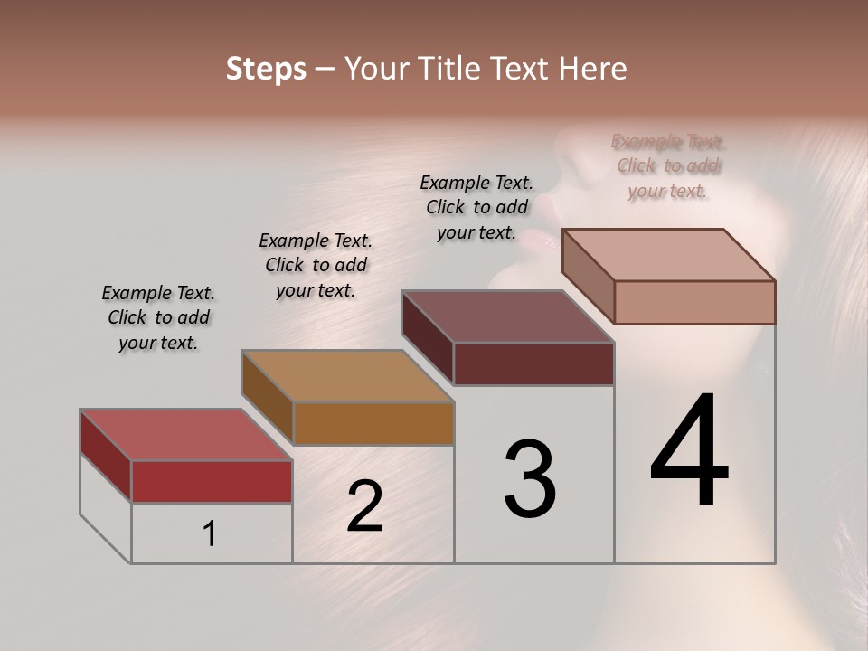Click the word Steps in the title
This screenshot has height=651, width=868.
266,69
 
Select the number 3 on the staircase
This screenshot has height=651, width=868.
530,479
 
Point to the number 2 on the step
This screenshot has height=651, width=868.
364,506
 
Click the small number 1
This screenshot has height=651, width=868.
210,533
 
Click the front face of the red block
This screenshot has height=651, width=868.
212,481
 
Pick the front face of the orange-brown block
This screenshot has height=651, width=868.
373,423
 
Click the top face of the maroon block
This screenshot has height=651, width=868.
507,316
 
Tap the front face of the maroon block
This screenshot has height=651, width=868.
533,363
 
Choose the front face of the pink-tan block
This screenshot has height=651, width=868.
694,302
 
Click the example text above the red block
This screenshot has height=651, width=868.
158,318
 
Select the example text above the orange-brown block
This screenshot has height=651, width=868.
316,265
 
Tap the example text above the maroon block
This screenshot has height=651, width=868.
476,207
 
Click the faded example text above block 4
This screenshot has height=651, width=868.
668,166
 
